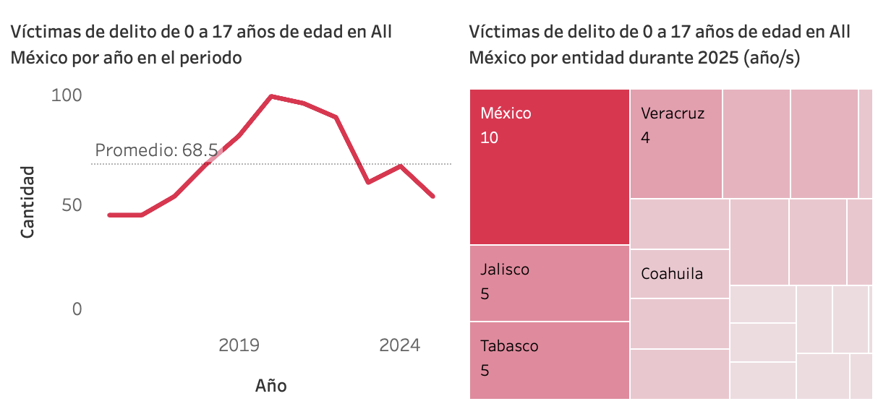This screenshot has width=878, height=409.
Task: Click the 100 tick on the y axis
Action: [x=67, y=95]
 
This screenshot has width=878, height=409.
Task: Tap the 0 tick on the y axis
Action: [x=77, y=309]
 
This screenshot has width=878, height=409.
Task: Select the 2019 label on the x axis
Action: [x=239, y=345]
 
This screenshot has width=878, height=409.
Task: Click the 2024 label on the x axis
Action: [x=399, y=345]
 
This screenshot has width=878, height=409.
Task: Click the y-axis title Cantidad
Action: [x=27, y=202]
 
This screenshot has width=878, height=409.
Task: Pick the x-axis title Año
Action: [x=270, y=385]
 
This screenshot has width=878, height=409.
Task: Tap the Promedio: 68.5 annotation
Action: [x=156, y=150]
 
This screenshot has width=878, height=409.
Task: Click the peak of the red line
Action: [x=271, y=96]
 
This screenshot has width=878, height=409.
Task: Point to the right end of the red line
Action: [x=432, y=196]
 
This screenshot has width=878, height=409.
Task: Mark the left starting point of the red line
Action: [x=109, y=215]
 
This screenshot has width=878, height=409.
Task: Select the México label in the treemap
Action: [x=506, y=113]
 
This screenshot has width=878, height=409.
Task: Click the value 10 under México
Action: [x=489, y=137]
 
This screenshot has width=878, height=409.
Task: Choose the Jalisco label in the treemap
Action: [x=505, y=270]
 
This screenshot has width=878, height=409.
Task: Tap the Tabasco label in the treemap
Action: [x=509, y=346]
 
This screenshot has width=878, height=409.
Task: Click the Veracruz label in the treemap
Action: [x=672, y=113]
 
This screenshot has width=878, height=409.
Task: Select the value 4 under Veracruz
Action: [x=645, y=137]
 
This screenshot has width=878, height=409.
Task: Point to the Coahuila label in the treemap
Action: [x=672, y=274]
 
